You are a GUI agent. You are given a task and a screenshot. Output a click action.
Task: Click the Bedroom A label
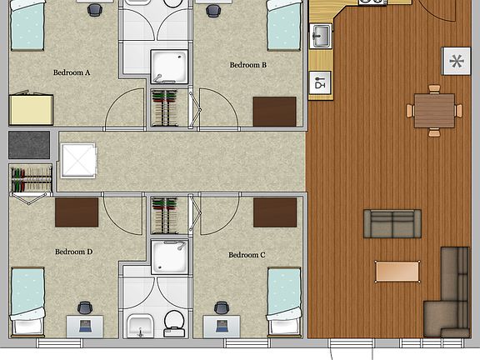pos(72,72)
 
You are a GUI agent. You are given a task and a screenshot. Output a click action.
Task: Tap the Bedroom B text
pos(248,65)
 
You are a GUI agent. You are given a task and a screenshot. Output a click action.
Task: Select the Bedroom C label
pos(247,255)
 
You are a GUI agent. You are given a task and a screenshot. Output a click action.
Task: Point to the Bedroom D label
pos(74,252)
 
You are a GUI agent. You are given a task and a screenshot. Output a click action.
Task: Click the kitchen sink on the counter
pos(321,36)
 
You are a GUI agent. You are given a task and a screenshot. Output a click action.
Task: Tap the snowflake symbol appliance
pos(456,61)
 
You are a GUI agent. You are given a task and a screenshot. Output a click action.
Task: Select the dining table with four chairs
pos(434,111)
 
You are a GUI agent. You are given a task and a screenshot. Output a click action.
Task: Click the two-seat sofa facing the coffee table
pos(392,224)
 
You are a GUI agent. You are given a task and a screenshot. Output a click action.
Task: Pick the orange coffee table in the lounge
pos(397,271)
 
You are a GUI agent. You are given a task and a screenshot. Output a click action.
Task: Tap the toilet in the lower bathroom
pos(174,324)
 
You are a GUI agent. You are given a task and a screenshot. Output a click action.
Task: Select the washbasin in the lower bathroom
pos(140,326)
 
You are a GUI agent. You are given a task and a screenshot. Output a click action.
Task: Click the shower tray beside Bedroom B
pos(169,67)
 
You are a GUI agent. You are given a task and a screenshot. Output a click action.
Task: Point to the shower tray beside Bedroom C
pos(169,257)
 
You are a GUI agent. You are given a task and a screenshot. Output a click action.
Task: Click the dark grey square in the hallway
pos(29,145)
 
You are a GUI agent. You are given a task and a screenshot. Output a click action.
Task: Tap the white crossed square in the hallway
pos(79,160)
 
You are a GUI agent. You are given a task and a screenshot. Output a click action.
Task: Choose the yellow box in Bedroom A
pos(31,110)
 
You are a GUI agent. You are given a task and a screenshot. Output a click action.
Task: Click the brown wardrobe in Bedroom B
pos(275,112)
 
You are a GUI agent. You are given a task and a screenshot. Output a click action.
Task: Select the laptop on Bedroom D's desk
pos(85,326)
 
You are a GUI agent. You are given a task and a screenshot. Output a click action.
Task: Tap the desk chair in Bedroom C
pos(222,307)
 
